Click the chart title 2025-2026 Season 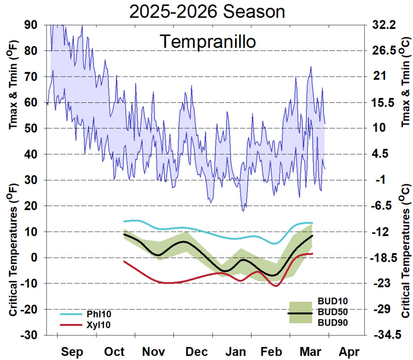point(207,12)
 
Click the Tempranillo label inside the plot point(208,42)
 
